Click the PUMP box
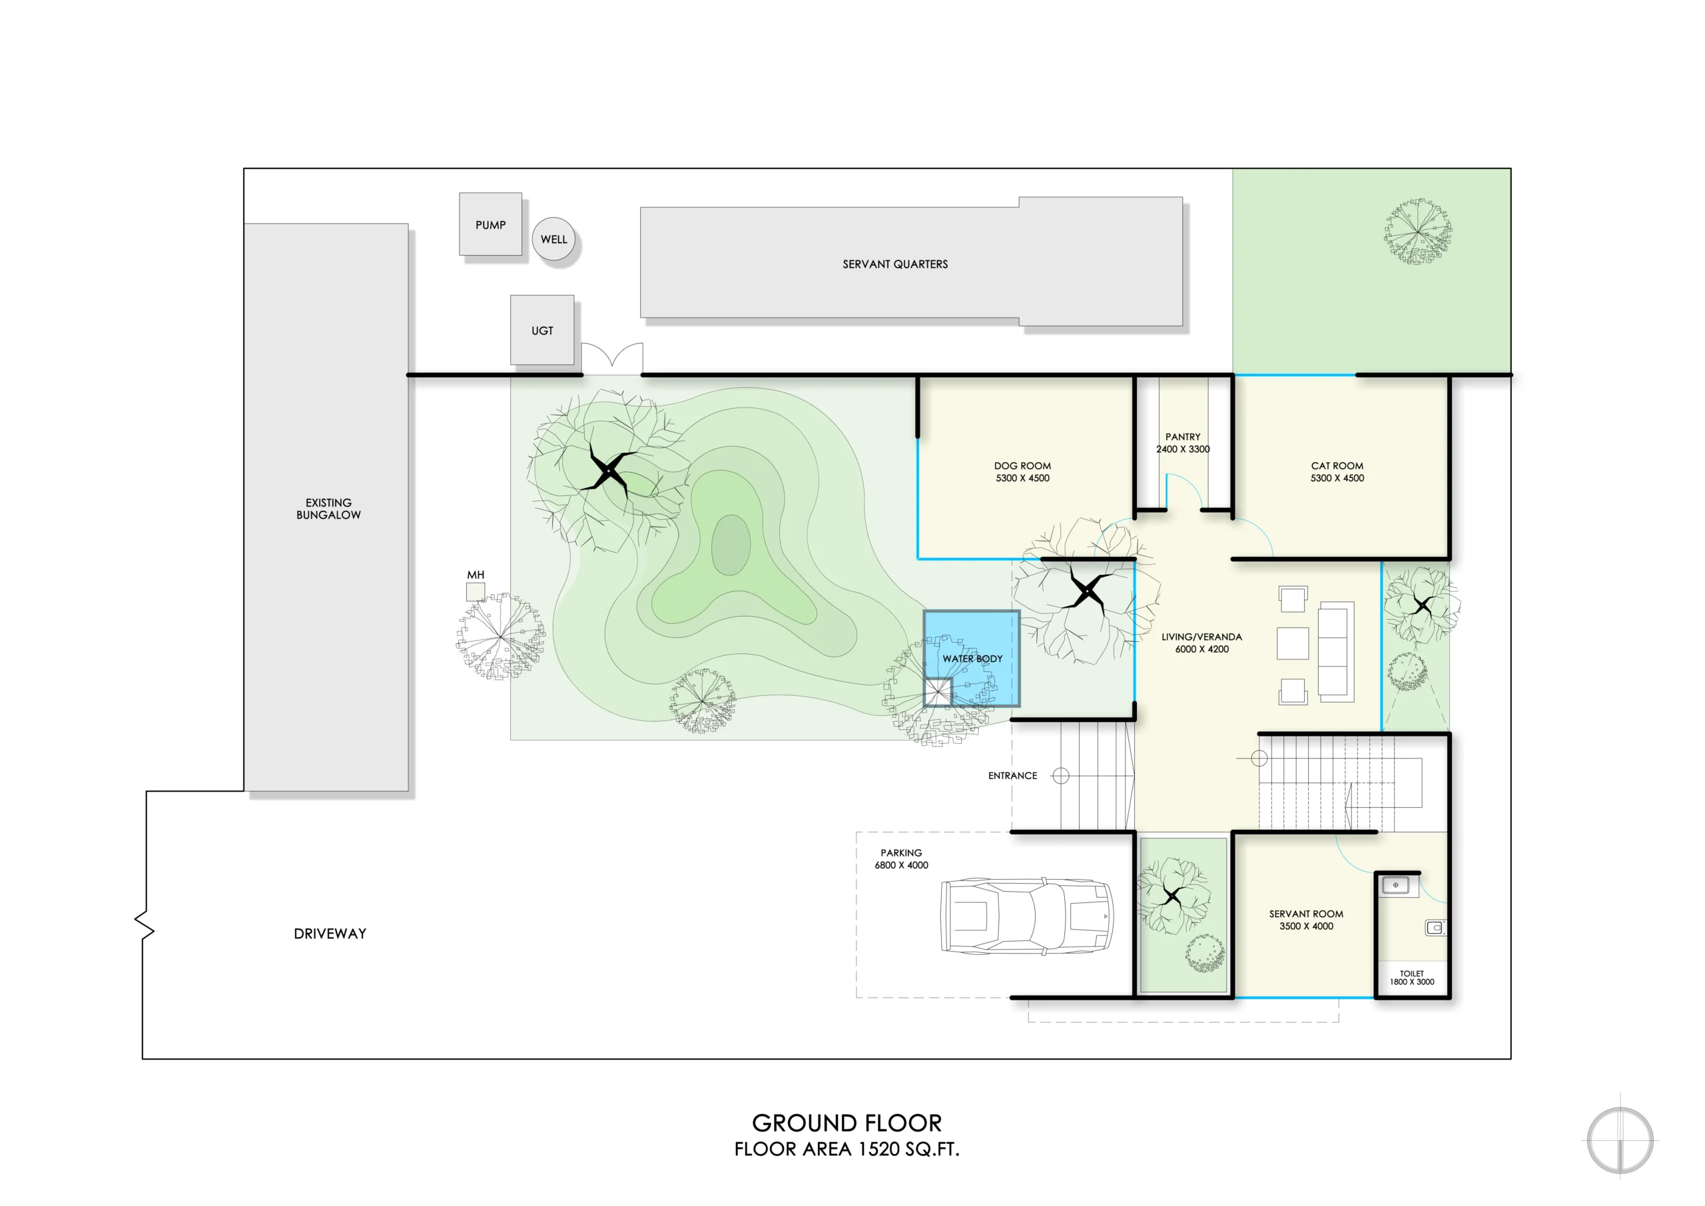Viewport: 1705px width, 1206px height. pyautogui.click(x=490, y=224)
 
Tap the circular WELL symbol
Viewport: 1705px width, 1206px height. pyautogui.click(x=554, y=239)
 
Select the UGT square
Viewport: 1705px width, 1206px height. pyautogui.click(x=542, y=330)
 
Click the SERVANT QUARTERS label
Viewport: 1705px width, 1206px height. pyautogui.click(x=895, y=264)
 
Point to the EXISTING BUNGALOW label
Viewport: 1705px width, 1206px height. pyautogui.click(x=328, y=509)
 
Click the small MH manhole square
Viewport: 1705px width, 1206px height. pyautogui.click(x=476, y=592)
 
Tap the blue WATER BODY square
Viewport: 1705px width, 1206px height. pyautogui.click(x=971, y=658)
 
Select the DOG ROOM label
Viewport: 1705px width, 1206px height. pyautogui.click(x=1022, y=465)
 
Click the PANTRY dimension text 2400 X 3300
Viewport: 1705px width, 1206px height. pyautogui.click(x=1183, y=450)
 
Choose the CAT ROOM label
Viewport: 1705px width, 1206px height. pyautogui.click(x=1337, y=465)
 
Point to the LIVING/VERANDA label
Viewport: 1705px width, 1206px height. pyautogui.click(x=1201, y=637)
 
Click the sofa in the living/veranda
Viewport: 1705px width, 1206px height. pyautogui.click(x=1336, y=652)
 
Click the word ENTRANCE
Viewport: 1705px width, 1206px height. pyautogui.click(x=1012, y=775)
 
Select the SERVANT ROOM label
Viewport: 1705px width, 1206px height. pyautogui.click(x=1306, y=914)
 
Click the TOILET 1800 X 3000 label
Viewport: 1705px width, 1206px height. pyautogui.click(x=1412, y=978)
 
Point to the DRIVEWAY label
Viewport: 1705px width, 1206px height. pyautogui.click(x=330, y=934)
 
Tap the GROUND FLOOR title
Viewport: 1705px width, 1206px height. pyautogui.click(x=847, y=1122)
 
